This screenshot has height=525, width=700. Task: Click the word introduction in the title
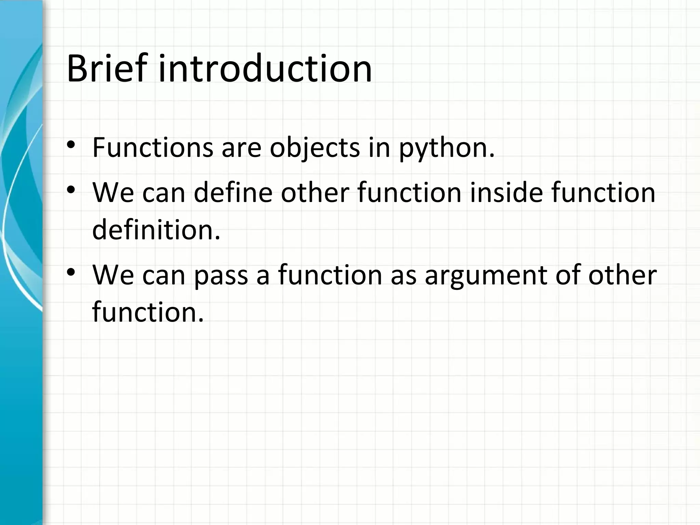coord(265,68)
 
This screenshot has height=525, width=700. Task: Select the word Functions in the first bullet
coord(152,148)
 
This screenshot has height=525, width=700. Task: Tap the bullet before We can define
coord(71,190)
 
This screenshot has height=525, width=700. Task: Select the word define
coord(233,192)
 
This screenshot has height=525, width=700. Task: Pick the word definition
coord(156,230)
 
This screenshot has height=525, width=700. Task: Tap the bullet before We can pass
coord(71,272)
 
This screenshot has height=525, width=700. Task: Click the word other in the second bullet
coord(314,192)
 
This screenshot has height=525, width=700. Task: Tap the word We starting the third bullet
coord(113,275)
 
